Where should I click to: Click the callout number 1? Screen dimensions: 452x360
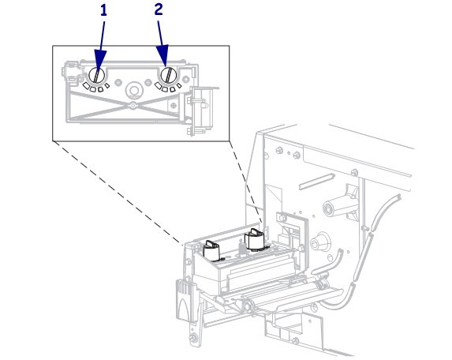tap(103, 11)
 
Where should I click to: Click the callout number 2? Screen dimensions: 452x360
tap(159, 9)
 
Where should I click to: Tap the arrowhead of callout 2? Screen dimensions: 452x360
tap(164, 55)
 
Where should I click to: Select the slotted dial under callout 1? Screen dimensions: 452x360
tap(97, 75)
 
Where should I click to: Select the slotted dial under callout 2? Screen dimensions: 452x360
tap(169, 75)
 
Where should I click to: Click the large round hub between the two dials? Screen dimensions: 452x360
tap(134, 91)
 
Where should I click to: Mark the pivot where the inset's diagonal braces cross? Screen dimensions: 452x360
tap(133, 106)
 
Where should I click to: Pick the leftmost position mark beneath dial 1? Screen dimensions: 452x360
tap(86, 85)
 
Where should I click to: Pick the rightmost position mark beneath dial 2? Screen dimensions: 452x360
tap(179, 86)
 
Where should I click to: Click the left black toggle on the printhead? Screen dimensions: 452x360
tap(212, 251)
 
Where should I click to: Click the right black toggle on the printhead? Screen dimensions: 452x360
tap(254, 239)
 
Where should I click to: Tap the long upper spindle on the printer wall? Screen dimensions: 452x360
tap(340, 204)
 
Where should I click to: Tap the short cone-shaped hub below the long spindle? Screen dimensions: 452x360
tap(320, 242)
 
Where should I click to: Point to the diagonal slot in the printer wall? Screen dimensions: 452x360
tap(316, 182)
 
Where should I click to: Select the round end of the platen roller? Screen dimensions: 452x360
tap(248, 306)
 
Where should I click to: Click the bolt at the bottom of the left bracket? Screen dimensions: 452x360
tap(193, 338)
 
